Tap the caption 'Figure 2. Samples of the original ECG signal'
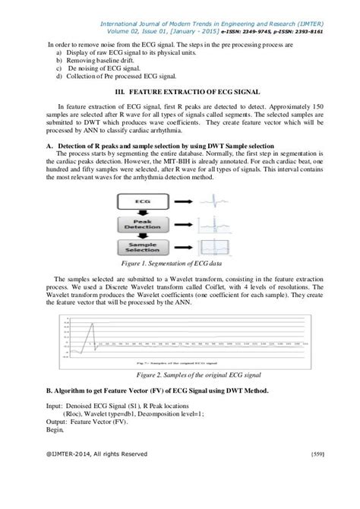[180, 375]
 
